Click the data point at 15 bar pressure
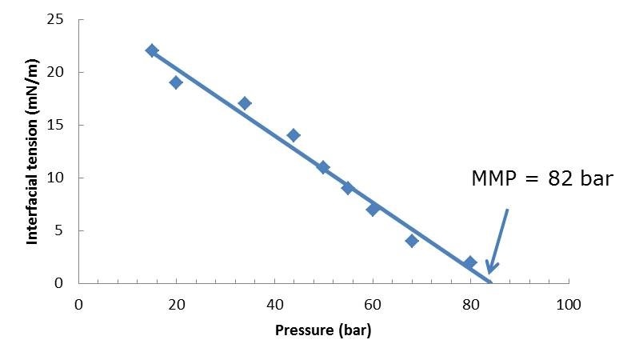tap(152, 50)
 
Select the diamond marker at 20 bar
tap(176, 82)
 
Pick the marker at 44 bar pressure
tap(294, 135)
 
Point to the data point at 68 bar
tap(412, 241)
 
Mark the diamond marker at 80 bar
tap(470, 262)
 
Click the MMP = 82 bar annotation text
tap(541, 178)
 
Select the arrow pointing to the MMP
tap(498, 240)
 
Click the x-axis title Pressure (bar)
tap(323, 329)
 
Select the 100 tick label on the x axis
tap(569, 305)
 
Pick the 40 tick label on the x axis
tap(274, 305)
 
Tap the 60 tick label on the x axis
tap(373, 305)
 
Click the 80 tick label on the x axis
tap(470, 305)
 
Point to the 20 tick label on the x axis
tap(176, 305)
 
